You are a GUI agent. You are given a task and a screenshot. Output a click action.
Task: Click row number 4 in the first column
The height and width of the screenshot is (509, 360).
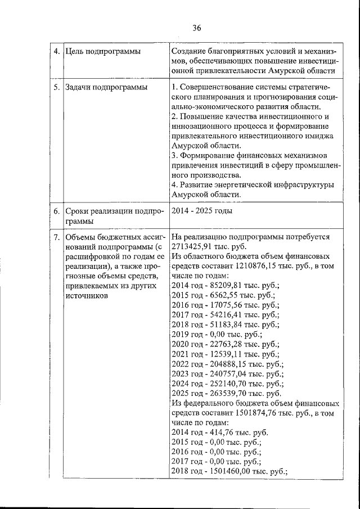57,52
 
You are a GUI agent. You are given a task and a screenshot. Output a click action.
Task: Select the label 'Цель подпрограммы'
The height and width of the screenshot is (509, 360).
102,52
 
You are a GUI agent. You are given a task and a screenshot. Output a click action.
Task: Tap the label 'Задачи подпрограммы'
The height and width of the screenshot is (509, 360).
106,87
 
